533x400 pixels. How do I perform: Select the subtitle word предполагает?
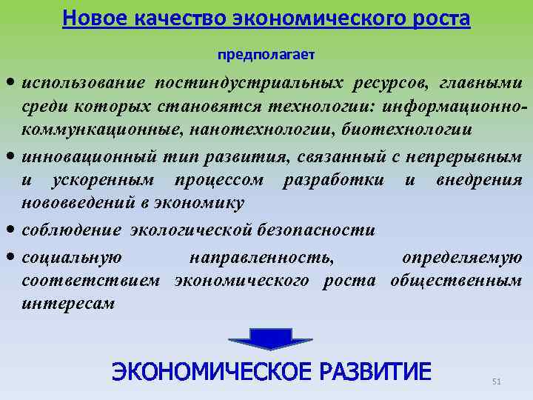[x=266, y=55]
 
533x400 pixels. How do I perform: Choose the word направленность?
[x=261, y=257]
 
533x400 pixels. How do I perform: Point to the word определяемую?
[x=462, y=257]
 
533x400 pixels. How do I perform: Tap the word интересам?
[x=69, y=304]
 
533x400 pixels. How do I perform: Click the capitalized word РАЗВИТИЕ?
[x=375, y=371]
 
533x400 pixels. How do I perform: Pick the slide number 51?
[x=497, y=381]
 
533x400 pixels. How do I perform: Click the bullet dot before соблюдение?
[x=13, y=230]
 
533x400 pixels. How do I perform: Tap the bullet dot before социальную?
[x=13, y=257]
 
